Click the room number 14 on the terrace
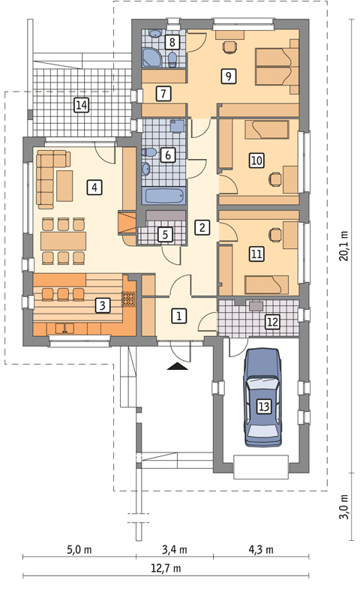point(82,104)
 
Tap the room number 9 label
point(228,77)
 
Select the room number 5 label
point(165,234)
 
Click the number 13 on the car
point(264,407)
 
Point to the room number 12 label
point(272,322)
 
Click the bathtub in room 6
point(165,196)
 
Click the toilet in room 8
point(172,59)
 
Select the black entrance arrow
point(177,366)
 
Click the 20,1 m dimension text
point(344,246)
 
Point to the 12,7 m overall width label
point(166,568)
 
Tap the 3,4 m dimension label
point(175,549)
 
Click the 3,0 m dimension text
point(344,506)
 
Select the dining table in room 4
point(64,241)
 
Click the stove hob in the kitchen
point(128,299)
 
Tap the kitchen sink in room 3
point(65,328)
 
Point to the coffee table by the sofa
point(64,186)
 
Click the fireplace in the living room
point(127,222)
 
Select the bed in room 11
point(266,284)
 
